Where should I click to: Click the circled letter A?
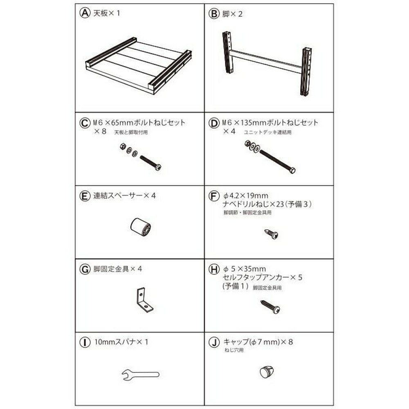[84, 13]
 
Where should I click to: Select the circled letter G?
[84, 269]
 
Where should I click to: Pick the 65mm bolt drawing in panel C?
[151, 162]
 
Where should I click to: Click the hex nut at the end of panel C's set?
[122, 146]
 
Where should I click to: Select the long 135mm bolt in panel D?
[276, 162]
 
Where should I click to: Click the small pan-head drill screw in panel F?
[271, 234]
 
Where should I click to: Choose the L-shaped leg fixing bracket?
[143, 300]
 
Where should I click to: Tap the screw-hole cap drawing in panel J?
[266, 372]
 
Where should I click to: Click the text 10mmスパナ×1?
[121, 342]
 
